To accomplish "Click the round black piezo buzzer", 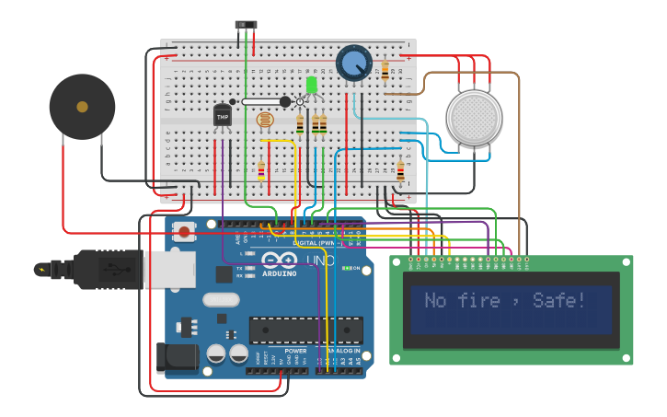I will [x=82, y=107].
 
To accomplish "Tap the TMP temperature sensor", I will [x=223, y=116].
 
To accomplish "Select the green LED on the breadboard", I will [x=312, y=85].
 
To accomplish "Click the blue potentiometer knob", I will [x=353, y=63].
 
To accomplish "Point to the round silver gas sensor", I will [x=474, y=117].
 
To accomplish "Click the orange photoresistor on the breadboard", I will [x=265, y=119].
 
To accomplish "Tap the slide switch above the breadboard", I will [x=246, y=26].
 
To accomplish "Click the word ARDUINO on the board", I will [x=280, y=273].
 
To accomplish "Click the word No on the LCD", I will [x=435, y=301].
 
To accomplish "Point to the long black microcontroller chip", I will [x=305, y=330].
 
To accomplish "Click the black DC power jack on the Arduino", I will [x=178, y=357].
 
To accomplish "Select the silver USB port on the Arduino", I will [x=169, y=270].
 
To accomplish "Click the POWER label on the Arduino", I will [x=296, y=351].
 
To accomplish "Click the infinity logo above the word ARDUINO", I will [x=280, y=261].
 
